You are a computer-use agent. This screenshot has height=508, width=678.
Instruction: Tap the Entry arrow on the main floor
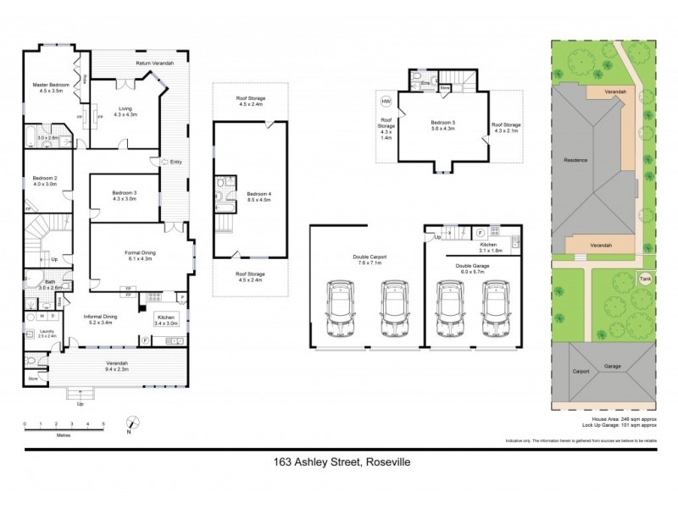click(x=156, y=161)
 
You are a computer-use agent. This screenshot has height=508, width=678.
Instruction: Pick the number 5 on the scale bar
click(x=103, y=422)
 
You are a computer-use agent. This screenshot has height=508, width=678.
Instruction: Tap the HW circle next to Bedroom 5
click(x=386, y=102)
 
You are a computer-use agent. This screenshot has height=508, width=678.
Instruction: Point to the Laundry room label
click(x=36, y=332)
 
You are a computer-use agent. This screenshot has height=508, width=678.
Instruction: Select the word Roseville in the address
click(x=383, y=462)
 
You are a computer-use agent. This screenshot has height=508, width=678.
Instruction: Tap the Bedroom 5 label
click(x=443, y=124)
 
